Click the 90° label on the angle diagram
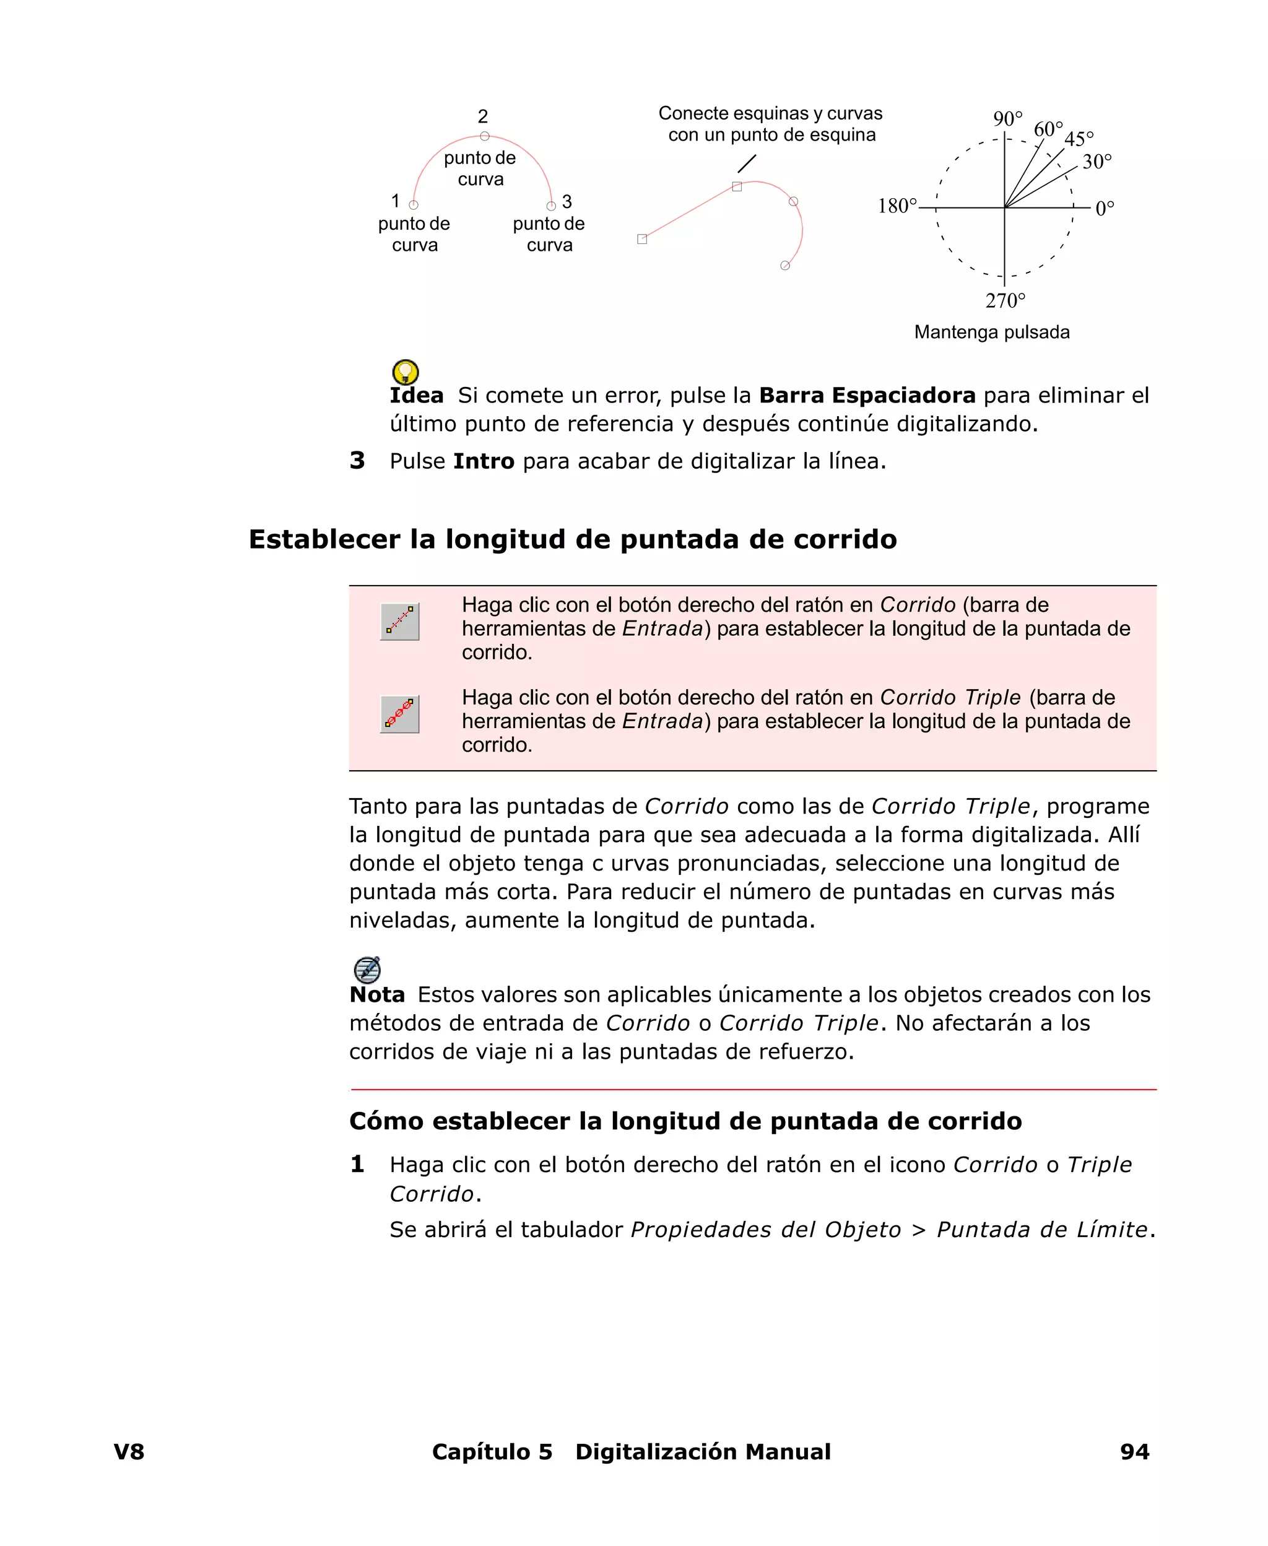click(x=1007, y=118)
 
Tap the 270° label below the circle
click(x=1005, y=300)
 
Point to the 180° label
click(x=897, y=206)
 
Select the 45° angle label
click(x=1079, y=139)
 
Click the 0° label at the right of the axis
click(x=1105, y=208)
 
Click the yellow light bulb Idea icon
click(x=406, y=371)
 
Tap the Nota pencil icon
click(x=367, y=969)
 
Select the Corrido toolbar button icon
click(x=399, y=622)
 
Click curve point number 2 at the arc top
click(x=484, y=136)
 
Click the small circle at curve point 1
click(x=414, y=205)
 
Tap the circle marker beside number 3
click(x=552, y=206)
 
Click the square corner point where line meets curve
click(x=737, y=187)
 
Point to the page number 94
click(x=1134, y=1451)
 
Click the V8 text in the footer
click(x=129, y=1451)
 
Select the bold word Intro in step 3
click(x=484, y=461)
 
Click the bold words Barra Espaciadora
click(x=867, y=395)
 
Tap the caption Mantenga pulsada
click(x=992, y=332)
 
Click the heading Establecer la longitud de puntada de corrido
click(x=573, y=539)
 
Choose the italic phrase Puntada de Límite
click(x=1042, y=1229)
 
